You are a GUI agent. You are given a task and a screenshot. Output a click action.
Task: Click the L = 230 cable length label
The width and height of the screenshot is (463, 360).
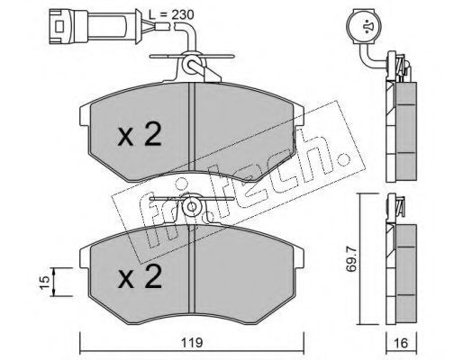point(171,14)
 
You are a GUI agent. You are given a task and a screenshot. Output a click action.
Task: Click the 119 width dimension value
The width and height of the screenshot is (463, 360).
point(192,342)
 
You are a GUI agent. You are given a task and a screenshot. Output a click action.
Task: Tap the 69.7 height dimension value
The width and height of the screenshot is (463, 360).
point(350,258)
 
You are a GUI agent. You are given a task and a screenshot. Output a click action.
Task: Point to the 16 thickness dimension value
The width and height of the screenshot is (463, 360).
point(401,343)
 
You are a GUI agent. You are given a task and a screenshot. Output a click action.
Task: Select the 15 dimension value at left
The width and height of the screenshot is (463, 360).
point(44,283)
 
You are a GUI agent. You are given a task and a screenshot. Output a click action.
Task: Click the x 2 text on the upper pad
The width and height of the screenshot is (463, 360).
point(140,135)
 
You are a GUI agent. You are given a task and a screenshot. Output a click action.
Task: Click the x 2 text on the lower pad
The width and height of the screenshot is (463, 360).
point(140,277)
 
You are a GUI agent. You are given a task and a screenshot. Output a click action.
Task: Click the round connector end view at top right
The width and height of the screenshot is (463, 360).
point(364,27)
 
